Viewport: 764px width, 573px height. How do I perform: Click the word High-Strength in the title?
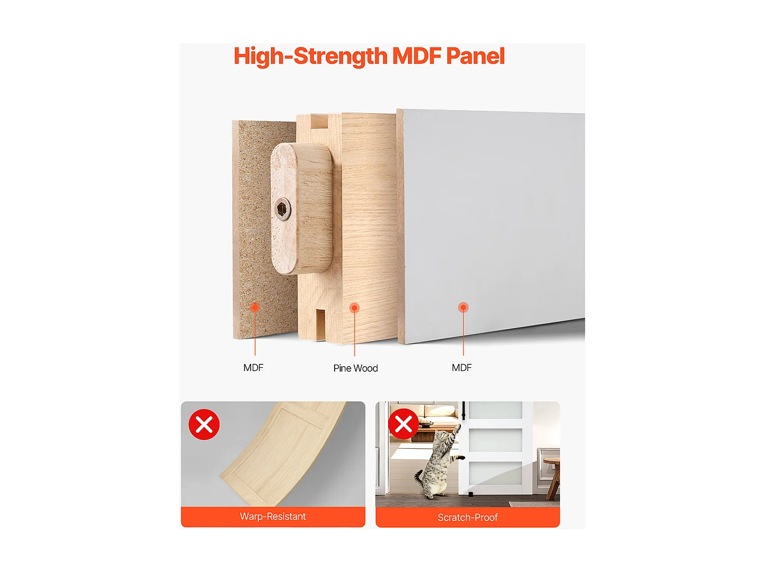[x=310, y=56]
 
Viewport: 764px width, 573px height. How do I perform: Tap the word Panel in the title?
[x=475, y=56]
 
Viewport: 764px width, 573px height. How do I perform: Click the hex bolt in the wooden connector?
[x=283, y=209]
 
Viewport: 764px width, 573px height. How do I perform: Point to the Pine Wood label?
[x=356, y=368]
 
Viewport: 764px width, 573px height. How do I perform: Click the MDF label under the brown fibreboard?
[x=253, y=368]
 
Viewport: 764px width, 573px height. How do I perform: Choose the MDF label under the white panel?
[x=461, y=368]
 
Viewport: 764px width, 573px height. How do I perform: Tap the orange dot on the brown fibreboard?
[x=255, y=307]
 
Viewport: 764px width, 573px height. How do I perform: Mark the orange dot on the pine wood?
[x=354, y=308]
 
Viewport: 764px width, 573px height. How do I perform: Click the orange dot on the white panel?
[x=463, y=307]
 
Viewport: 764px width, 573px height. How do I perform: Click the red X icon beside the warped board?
[x=204, y=424]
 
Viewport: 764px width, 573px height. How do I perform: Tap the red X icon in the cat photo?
[x=403, y=424]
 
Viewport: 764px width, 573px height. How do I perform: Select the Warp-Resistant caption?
[x=273, y=516]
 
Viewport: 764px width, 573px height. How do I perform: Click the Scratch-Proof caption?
[x=468, y=517]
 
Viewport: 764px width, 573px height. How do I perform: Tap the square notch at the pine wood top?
[x=319, y=121]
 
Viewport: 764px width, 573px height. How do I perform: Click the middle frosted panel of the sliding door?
[x=495, y=440]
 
